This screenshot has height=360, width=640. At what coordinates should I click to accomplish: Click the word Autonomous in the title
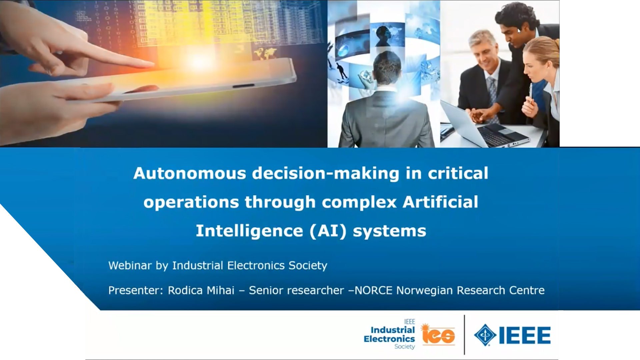[189, 173]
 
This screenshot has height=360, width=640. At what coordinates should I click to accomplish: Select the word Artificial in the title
[440, 202]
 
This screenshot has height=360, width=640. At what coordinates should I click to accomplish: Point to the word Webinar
[130, 265]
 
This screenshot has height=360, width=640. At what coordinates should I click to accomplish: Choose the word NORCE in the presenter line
[373, 290]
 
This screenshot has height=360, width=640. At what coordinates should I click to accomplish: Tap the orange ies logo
[438, 334]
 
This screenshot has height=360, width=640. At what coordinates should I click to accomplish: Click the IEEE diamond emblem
[485, 335]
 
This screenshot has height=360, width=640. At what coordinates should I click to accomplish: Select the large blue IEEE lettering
[525, 335]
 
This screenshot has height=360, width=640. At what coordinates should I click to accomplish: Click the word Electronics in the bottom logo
[389, 339]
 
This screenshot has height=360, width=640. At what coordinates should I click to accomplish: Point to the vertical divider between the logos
[464, 335]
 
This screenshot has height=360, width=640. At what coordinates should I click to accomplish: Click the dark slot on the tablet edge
[243, 86]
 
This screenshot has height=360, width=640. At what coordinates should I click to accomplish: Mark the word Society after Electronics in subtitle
[308, 266]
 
